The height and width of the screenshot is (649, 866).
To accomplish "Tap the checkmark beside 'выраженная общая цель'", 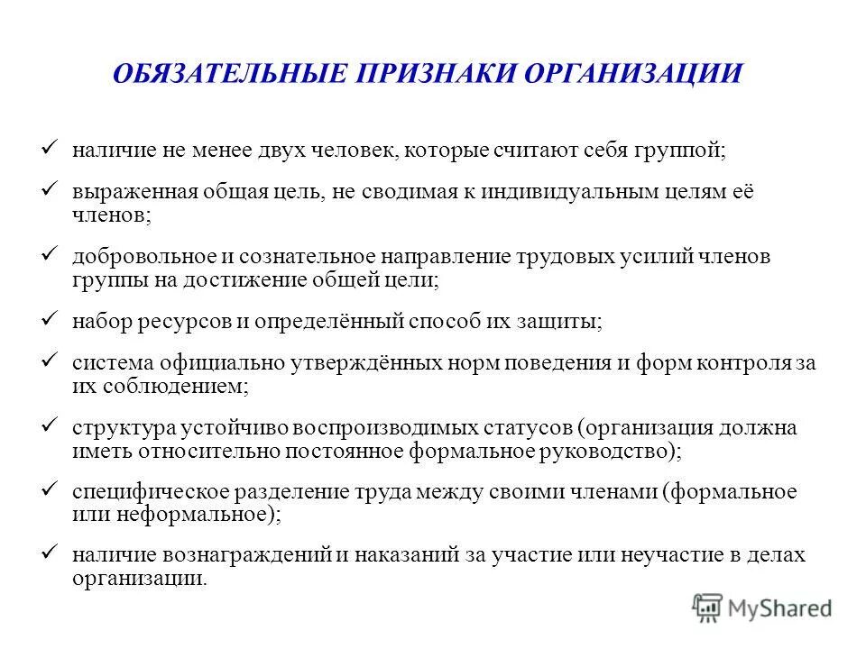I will point(51,192).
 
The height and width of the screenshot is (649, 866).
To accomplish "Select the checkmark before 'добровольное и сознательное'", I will point(51,255).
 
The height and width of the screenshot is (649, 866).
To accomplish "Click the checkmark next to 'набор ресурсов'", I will point(51,318).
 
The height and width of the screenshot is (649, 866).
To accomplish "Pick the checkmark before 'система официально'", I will point(51,361).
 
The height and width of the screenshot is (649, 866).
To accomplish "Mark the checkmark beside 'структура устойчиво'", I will point(51,425).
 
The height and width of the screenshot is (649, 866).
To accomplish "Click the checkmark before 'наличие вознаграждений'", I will point(51,552).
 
